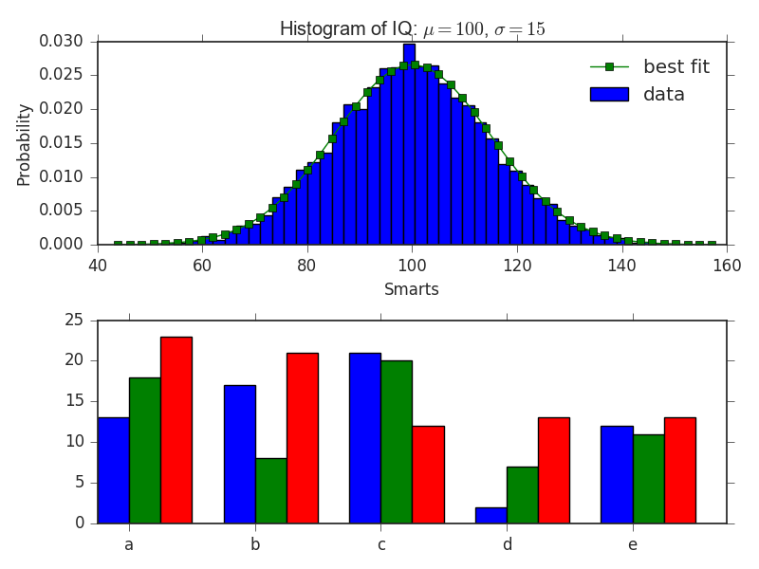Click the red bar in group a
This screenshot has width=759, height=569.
[176, 430]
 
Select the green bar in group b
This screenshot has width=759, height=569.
[270, 490]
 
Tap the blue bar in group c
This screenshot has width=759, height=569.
[364, 438]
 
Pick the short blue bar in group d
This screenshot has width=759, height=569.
[491, 515]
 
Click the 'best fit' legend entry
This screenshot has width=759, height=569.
[676, 66]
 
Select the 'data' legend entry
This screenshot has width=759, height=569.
[663, 94]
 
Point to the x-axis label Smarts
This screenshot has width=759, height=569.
[411, 289]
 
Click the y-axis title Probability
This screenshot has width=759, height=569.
[25, 144]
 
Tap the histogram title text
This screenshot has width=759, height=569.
[412, 29]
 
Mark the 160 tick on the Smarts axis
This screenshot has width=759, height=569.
[726, 266]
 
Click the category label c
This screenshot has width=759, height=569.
[380, 544]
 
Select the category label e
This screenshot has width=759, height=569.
[632, 544]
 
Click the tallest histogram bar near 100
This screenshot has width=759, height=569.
[409, 142]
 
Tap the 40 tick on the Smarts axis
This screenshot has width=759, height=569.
[98, 266]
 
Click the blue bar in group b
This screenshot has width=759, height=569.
[239, 454]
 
